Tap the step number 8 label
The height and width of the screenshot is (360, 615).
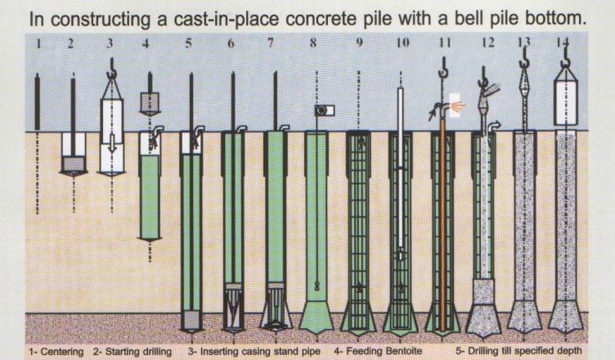(313, 43)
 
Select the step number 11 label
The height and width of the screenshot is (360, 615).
(445, 43)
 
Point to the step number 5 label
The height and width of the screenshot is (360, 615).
(189, 43)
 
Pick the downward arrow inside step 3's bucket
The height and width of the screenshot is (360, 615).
(112, 142)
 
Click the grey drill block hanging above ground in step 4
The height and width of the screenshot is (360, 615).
(150, 103)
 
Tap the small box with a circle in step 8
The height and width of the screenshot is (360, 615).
(325, 110)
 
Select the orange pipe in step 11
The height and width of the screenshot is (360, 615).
(442, 224)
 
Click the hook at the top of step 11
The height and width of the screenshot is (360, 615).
(443, 67)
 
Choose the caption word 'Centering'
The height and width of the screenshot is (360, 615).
(61, 352)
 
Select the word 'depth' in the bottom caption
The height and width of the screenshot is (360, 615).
(571, 350)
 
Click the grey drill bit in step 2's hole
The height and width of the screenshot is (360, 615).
(74, 165)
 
